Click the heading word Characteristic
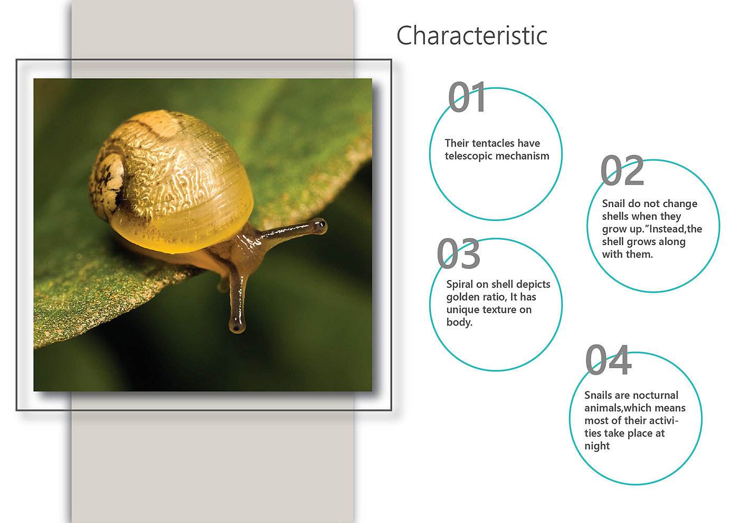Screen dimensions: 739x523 pos(472,35)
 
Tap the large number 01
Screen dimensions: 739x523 pos(467,97)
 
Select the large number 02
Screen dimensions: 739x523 pos(622,170)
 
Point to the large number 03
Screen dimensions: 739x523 pos(458,253)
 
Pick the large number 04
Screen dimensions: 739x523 pos(608,360)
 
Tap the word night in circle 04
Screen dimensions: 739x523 pos(597,446)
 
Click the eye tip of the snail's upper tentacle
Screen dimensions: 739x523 pos(319,227)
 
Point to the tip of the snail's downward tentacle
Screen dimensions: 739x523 pos(236,327)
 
